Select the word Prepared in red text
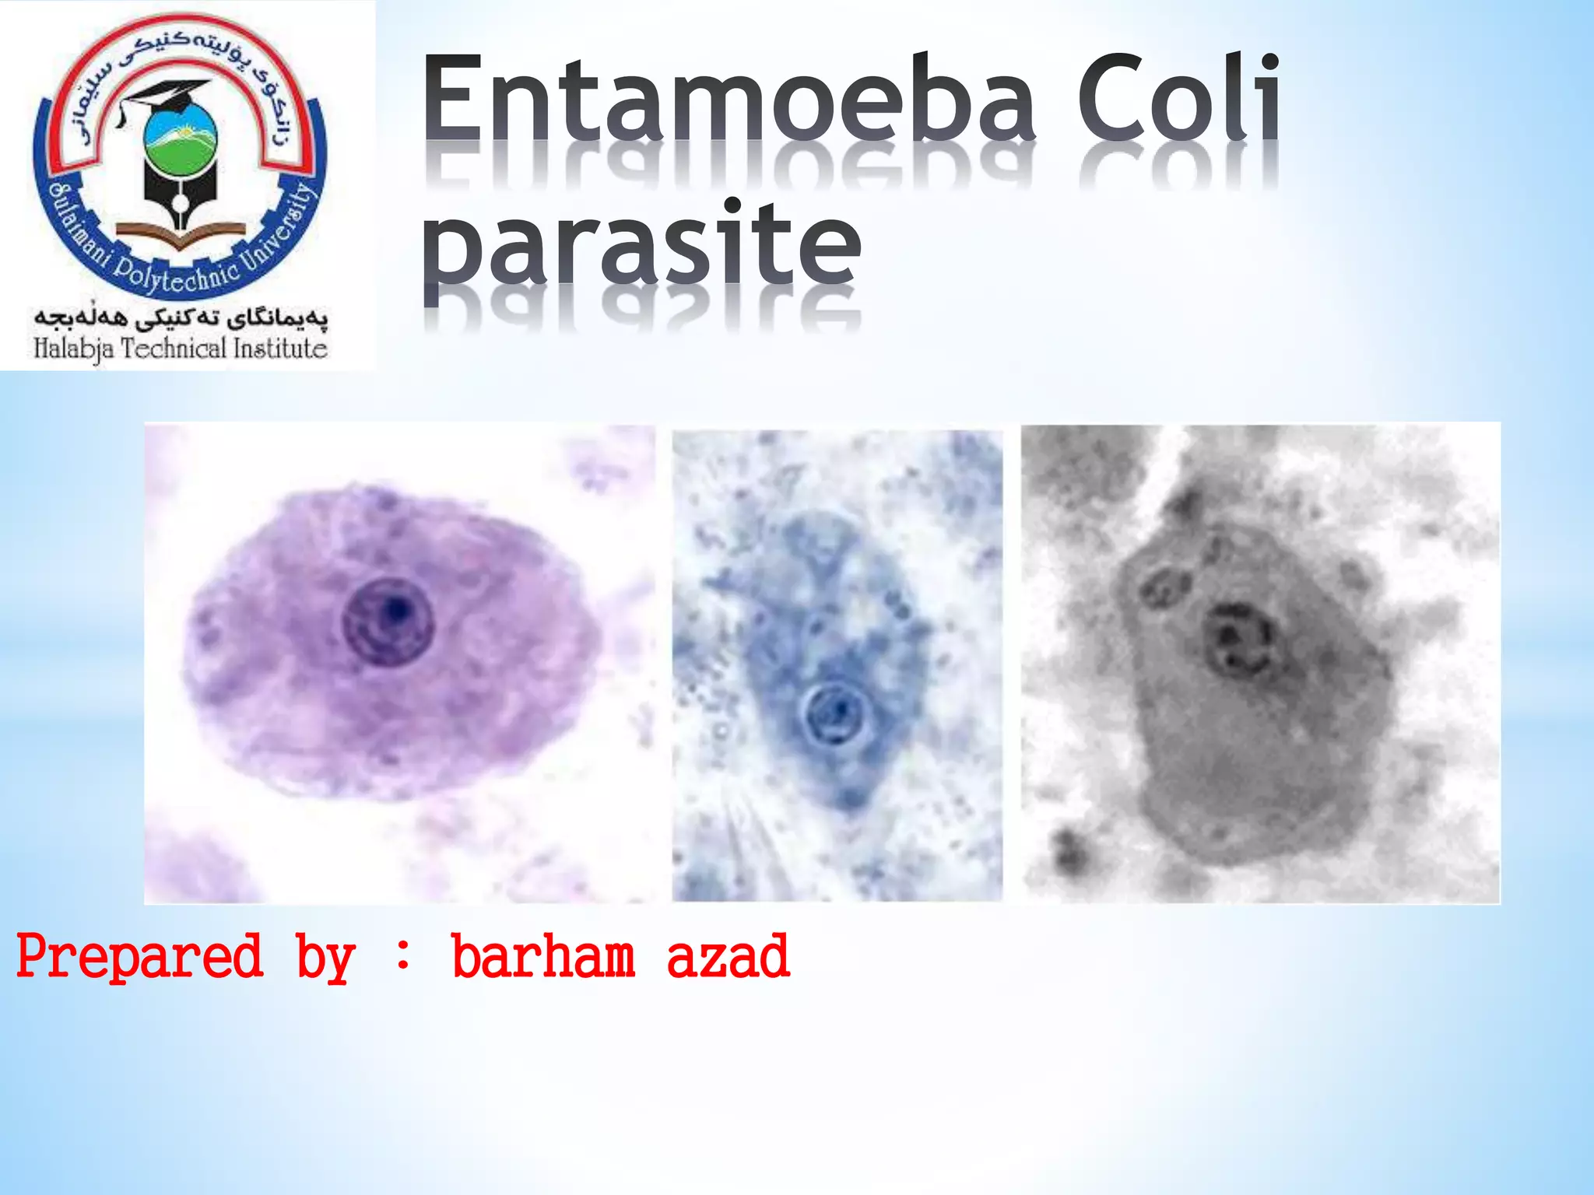(x=140, y=957)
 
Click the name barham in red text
(x=543, y=957)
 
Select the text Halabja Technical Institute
(x=181, y=349)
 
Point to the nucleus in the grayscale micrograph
(x=1239, y=640)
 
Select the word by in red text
(x=325, y=958)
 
